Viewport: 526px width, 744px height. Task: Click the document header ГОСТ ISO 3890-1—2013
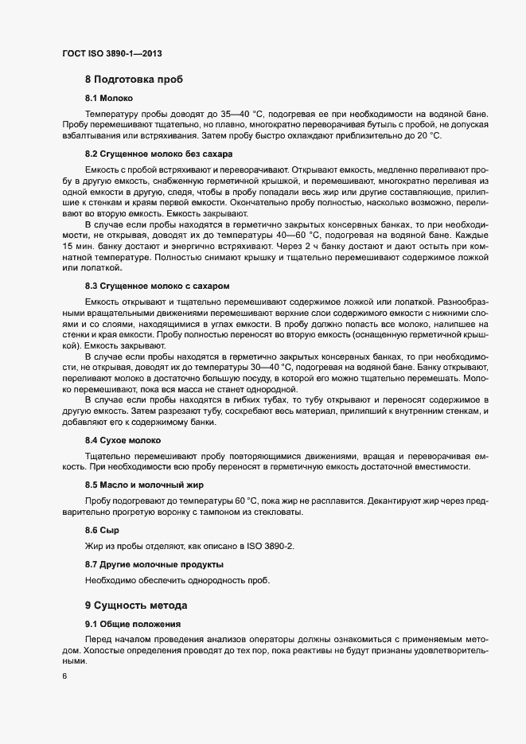113,53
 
